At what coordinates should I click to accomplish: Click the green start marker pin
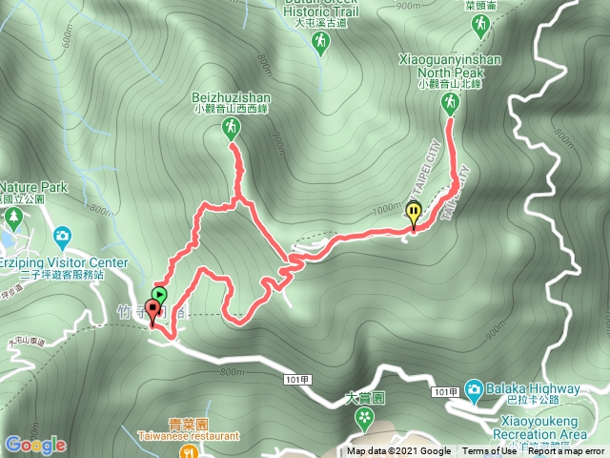click(160, 296)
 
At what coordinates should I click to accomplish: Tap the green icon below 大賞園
click(363, 418)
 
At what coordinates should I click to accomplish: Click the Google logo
click(35, 445)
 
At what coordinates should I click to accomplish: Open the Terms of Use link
click(485, 451)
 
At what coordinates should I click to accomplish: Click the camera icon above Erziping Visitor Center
click(62, 235)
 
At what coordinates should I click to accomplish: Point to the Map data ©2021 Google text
click(398, 451)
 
